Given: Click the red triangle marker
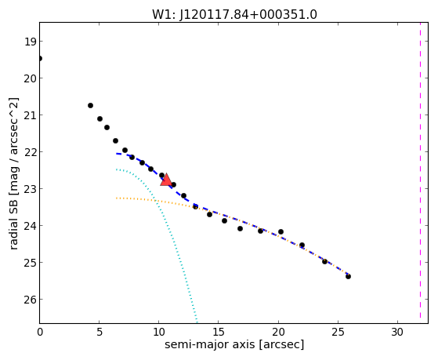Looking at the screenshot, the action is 166,180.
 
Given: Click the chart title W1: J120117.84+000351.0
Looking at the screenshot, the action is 234,14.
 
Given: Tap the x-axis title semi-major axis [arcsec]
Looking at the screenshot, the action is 234,344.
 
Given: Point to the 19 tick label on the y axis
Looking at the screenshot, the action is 30,42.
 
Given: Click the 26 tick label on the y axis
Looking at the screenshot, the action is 30,300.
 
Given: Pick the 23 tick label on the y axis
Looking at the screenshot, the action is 30,189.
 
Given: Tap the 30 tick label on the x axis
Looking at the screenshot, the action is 397,333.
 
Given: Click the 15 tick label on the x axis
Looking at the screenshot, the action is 219,333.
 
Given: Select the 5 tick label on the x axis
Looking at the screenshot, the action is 100,333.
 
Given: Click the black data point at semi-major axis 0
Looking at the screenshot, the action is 40,59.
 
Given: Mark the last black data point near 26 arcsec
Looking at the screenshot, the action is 348,276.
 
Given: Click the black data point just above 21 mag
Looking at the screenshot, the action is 91,105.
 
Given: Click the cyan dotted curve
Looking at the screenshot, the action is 168,221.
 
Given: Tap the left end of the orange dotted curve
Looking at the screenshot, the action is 117,198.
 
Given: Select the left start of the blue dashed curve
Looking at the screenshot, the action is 117,154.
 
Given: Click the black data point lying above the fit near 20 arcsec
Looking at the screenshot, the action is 281,231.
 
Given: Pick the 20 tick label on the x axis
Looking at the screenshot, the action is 278,333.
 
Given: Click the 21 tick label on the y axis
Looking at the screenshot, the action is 30,115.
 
